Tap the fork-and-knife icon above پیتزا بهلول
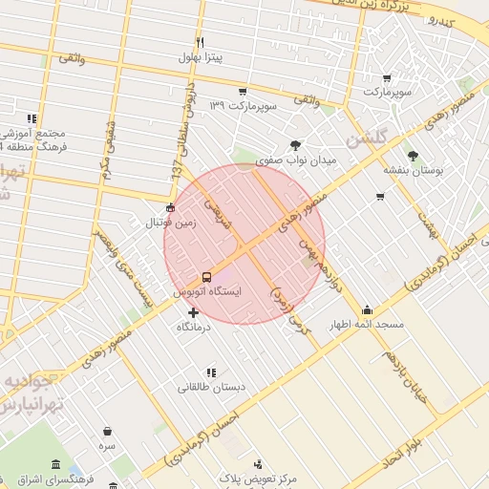pos(200,42)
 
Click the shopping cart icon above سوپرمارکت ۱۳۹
pos(243,92)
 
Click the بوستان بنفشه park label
pos(412,169)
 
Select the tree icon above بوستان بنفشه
pos(413,155)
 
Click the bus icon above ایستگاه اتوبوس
pos(207,277)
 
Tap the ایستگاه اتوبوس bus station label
pos(207,290)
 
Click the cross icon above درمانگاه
pos(194,312)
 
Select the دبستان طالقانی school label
pos(211,387)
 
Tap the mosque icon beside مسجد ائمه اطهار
pos(367,310)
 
